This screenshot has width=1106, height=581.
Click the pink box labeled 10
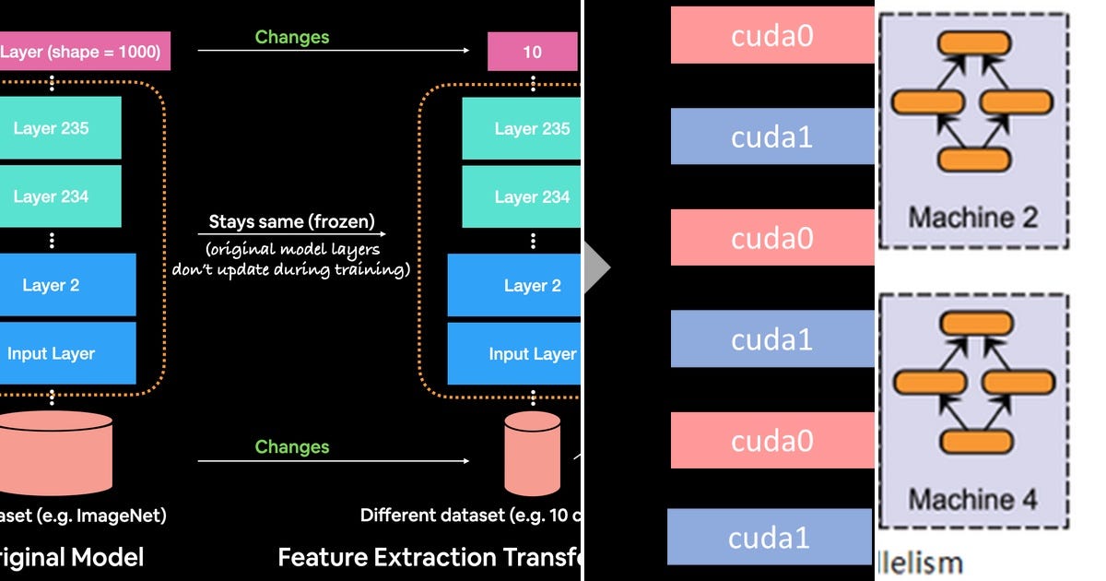tap(533, 52)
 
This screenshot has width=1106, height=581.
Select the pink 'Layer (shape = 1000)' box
tap(83, 52)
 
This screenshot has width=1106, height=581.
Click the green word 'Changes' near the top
tap(292, 37)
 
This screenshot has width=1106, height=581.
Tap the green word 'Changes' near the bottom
tap(292, 446)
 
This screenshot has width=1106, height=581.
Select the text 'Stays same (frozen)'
tap(291, 221)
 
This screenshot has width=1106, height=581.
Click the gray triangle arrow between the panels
tap(597, 267)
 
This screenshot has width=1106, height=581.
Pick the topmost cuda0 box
tap(771, 36)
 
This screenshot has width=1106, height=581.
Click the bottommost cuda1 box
tap(769, 537)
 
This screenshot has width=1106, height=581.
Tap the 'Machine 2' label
tap(973, 218)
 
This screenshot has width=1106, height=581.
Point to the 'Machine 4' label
tap(973, 499)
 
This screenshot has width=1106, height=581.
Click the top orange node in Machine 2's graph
tap(974, 42)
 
